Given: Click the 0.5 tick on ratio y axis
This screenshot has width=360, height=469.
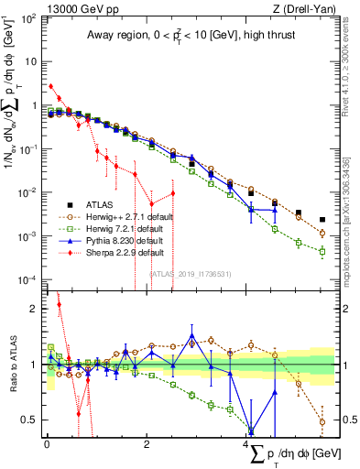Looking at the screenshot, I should (x=29, y=420).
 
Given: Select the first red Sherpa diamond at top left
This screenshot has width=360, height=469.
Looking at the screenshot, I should (x=50, y=86).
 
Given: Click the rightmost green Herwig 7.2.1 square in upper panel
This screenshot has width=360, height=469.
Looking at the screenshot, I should (x=322, y=251).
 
